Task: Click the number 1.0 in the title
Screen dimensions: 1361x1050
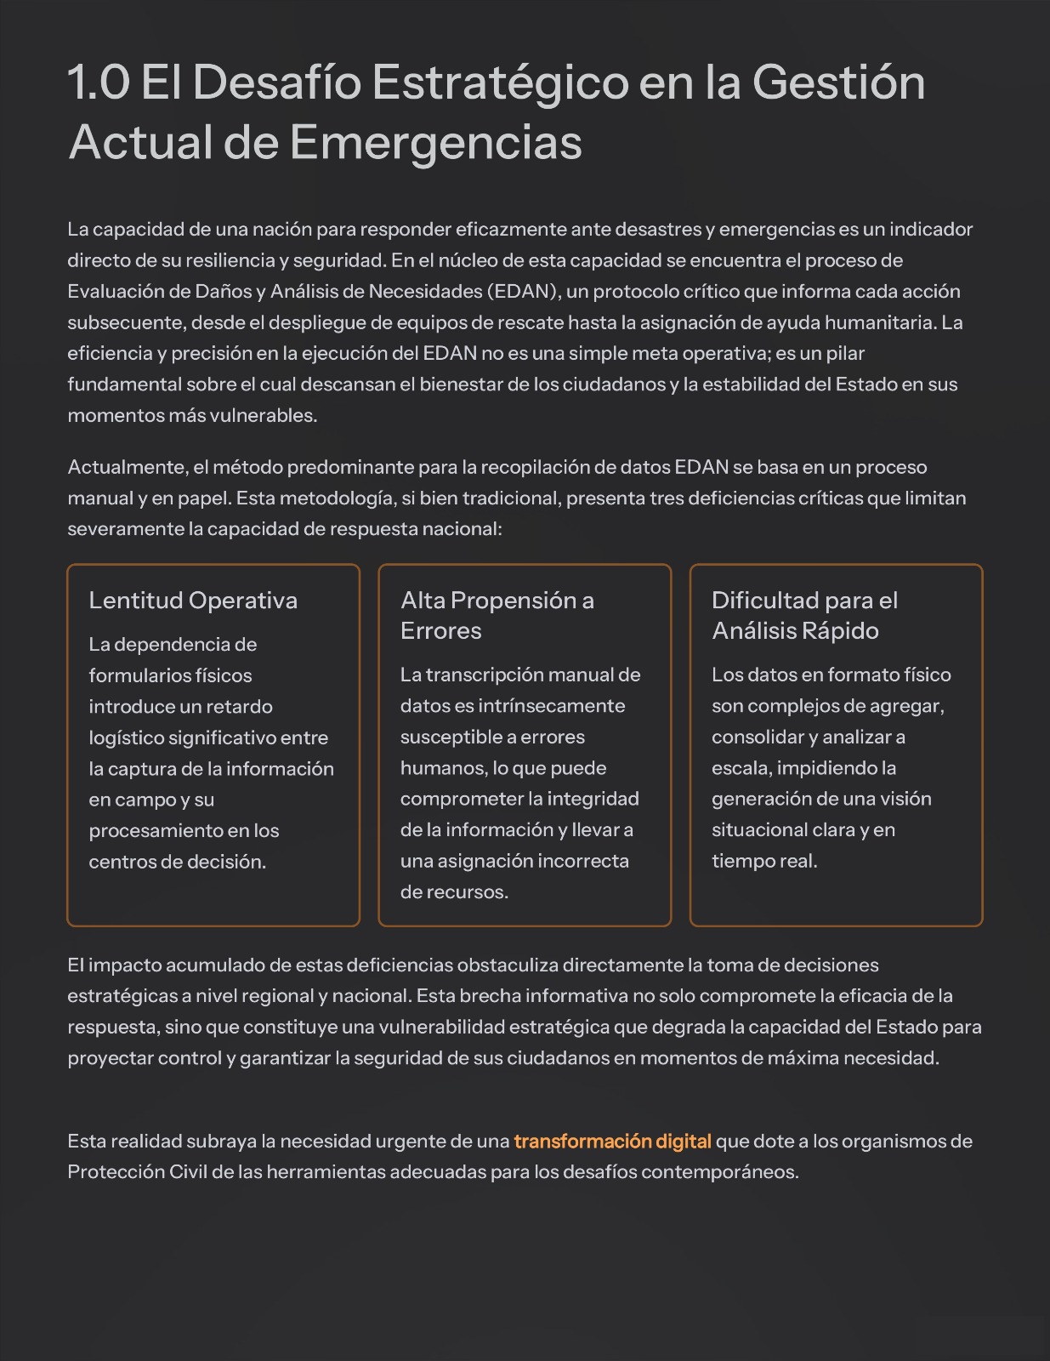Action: [99, 83]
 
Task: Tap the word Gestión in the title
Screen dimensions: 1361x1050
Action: [838, 83]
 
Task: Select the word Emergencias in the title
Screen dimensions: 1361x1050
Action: [435, 142]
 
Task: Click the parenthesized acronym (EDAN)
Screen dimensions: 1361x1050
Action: [523, 292]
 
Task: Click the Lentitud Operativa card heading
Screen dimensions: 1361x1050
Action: [193, 601]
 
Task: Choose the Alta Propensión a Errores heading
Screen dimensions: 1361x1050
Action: [497, 615]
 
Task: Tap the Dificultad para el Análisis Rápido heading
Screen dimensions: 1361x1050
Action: [804, 615]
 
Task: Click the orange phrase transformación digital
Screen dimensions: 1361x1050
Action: [612, 1141]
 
